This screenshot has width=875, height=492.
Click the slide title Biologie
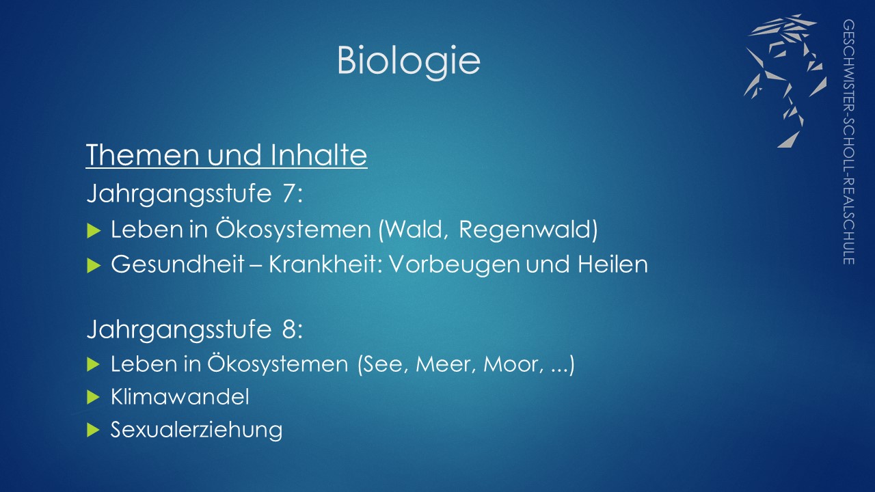tap(409, 61)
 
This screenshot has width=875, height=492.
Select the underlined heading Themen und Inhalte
tap(226, 155)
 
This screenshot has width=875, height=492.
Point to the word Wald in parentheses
tap(415, 229)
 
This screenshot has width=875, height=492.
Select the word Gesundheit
tap(178, 264)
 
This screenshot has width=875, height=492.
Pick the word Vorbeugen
tap(455, 264)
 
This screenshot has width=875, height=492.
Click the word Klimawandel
tap(180, 397)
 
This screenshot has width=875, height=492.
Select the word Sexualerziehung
tap(196, 430)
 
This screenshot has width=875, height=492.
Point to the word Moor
tap(512, 364)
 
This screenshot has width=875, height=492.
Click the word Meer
tap(444, 364)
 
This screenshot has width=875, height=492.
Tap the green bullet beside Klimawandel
tap(94, 398)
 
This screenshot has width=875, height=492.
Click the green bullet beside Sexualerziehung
tap(94, 430)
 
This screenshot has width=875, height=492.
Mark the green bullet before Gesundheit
tap(94, 266)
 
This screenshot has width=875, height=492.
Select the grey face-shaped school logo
tap(785, 81)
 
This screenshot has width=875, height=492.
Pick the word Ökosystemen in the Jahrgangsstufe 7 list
tap(293, 230)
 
